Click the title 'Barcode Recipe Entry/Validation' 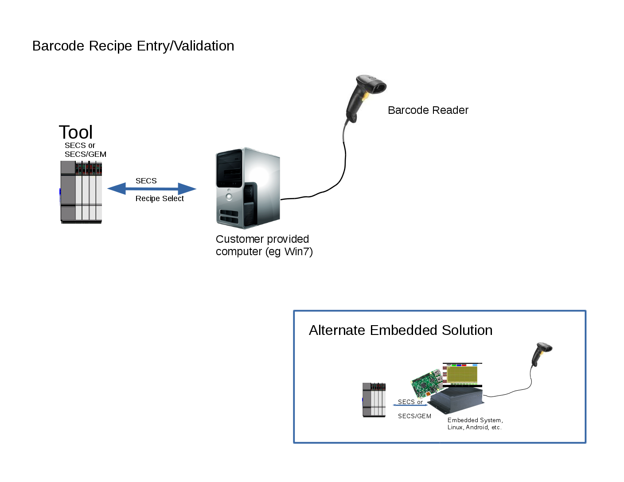click(133, 46)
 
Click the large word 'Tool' click(76, 132)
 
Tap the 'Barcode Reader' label click(428, 110)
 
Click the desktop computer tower click(247, 188)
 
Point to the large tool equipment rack click(81, 192)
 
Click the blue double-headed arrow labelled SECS click(152, 189)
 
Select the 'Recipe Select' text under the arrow click(160, 199)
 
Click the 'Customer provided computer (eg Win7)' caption click(264, 245)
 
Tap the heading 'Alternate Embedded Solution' click(401, 330)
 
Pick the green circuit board click(426, 384)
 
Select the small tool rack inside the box click(374, 400)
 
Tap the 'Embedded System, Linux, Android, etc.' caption click(475, 424)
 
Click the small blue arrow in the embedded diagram click(410, 405)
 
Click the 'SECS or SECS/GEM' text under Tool click(85, 150)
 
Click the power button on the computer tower click(229, 197)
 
